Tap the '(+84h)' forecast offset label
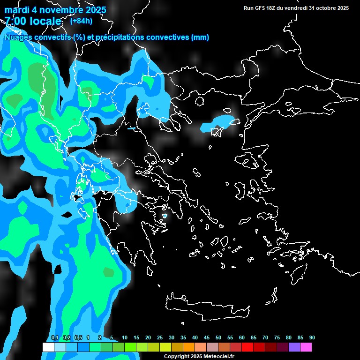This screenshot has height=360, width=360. coord(81,21)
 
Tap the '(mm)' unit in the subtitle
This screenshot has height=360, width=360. coord(200,37)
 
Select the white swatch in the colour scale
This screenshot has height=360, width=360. coord(48,347)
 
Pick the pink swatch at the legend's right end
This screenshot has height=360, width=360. coord(306,347)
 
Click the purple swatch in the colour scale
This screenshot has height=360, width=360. coord(294,347)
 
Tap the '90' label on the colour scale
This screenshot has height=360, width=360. coord(312,338)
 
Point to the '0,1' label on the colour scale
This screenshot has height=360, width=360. coord(55,338)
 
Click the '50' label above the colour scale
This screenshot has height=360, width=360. coord(218,338)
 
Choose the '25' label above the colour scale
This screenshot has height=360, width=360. coord(160,338)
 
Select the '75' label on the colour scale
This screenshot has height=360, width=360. coord(277,338)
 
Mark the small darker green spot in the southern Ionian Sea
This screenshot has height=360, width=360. coord(109,272)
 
